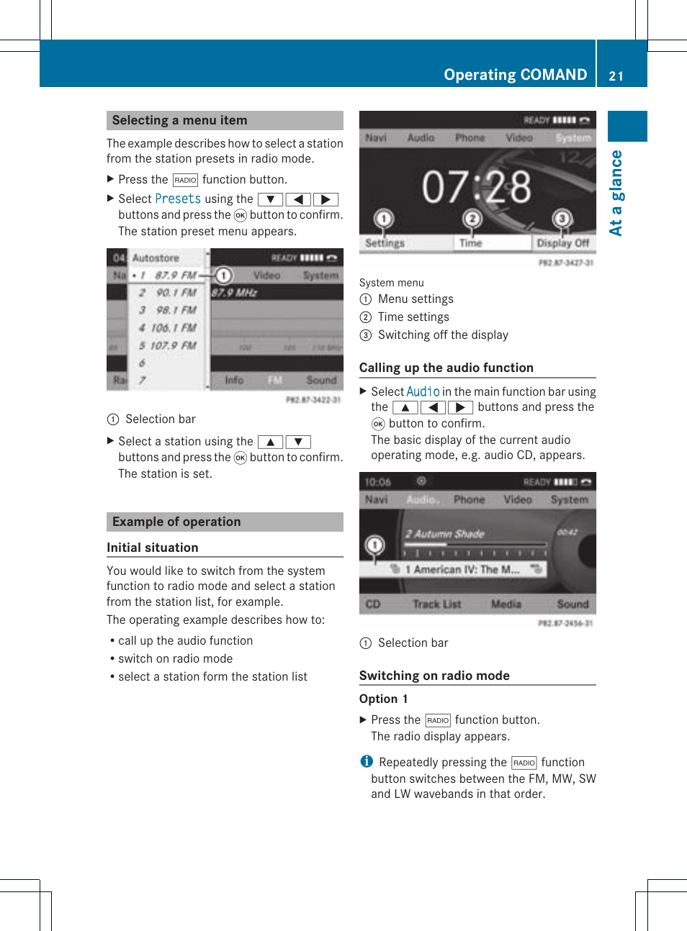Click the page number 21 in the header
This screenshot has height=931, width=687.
tap(616, 76)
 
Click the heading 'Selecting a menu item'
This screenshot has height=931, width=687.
tap(179, 120)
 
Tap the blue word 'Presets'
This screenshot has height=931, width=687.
tap(178, 199)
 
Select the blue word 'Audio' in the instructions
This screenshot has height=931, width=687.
tap(423, 391)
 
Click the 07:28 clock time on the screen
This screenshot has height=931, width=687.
tap(476, 187)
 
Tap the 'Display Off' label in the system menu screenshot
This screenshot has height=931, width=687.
tap(562, 243)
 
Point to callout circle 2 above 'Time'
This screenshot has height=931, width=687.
tap(472, 218)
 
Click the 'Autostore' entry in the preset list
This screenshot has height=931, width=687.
tap(156, 258)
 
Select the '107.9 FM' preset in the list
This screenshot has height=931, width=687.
tap(173, 345)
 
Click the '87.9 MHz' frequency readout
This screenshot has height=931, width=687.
tap(235, 293)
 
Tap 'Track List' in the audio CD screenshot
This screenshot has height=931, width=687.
tap(436, 604)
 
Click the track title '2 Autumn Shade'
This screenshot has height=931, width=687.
tap(444, 534)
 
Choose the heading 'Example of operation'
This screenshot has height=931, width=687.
tap(176, 522)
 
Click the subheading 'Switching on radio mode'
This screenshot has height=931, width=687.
tap(434, 676)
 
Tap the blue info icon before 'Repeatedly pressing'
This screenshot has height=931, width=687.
tap(367, 761)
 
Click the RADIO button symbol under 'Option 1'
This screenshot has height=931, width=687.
tap(438, 720)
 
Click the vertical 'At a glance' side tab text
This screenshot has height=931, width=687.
tap(616, 193)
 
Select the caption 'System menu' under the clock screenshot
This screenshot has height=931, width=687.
tap(392, 283)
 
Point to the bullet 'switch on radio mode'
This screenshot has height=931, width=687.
tap(175, 658)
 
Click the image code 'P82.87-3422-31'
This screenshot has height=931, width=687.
tap(313, 400)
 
